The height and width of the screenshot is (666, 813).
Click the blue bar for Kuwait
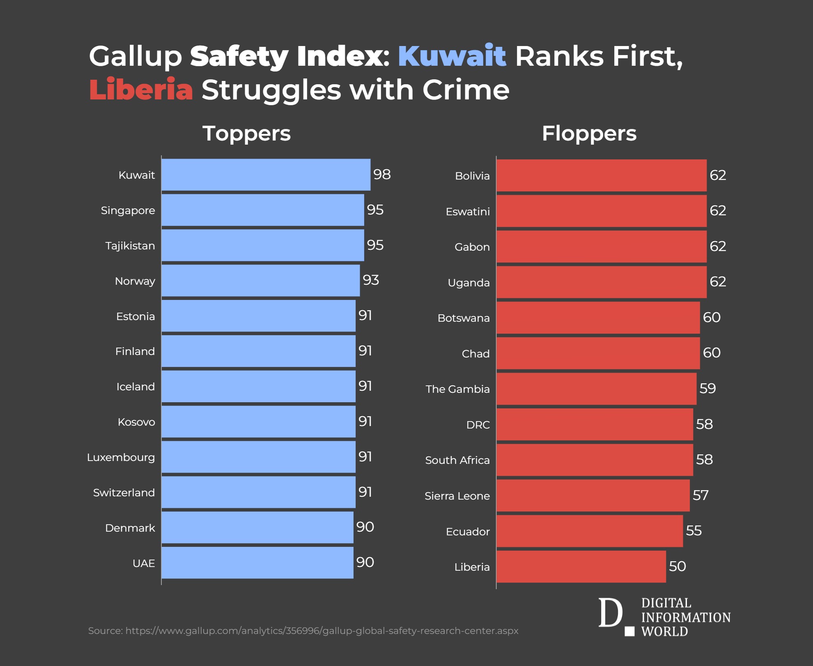tap(266, 175)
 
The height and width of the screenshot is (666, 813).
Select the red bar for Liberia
tap(581, 567)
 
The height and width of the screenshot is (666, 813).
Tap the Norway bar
tap(261, 281)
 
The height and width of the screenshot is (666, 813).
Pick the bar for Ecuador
tap(590, 531)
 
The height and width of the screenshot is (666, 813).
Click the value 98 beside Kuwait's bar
tap(382, 174)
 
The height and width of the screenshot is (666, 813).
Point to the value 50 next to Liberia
tap(677, 566)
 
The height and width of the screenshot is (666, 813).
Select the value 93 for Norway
tap(371, 280)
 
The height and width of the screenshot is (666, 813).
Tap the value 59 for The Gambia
tap(708, 388)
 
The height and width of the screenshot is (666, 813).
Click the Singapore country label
tap(128, 211)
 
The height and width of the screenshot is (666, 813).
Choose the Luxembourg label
tap(121, 457)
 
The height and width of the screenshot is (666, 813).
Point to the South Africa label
tap(457, 460)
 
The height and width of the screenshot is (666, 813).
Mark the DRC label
tap(478, 425)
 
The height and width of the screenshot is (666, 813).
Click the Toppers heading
tap(246, 134)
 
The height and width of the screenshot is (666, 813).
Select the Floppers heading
tap(589, 134)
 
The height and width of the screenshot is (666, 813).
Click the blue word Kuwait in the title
tap(452, 56)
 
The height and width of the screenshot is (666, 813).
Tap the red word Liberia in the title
tap(141, 90)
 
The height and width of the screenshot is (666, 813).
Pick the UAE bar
tap(257, 562)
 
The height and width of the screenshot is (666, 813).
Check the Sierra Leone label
tap(457, 496)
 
